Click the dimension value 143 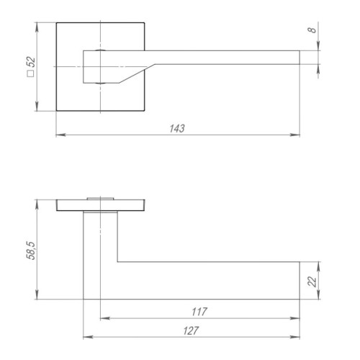pos(177,128)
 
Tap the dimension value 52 pos(31,62)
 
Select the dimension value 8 pos(312,30)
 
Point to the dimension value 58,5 pos(31,251)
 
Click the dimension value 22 pos(312,282)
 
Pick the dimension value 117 pos(199,312)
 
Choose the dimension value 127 pos(191,330)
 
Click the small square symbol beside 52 pos(31,73)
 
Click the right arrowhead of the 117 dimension pos(295,318)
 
